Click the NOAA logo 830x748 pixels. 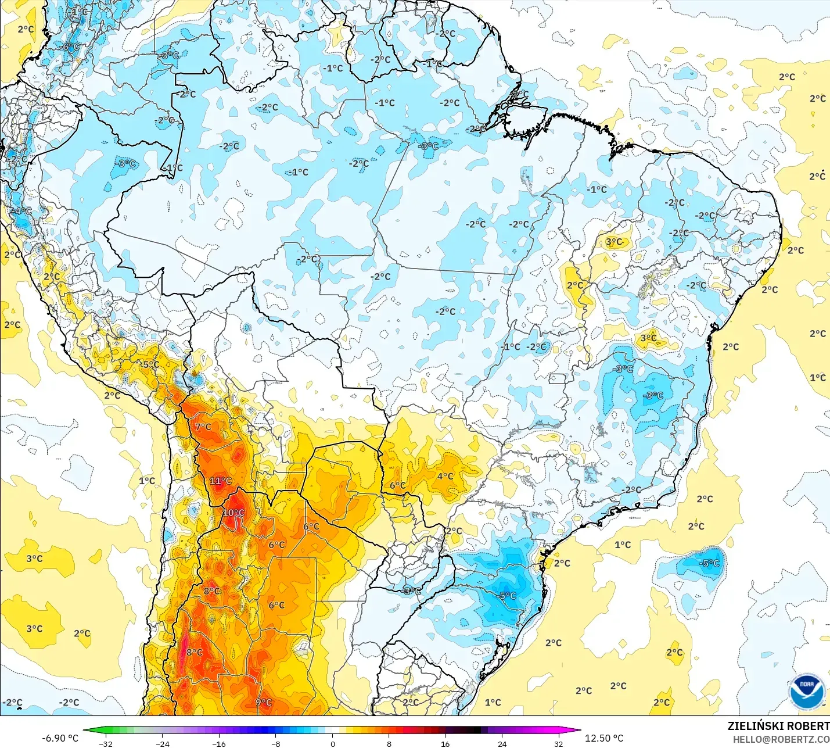tap(807, 692)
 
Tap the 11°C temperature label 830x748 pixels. tap(220, 481)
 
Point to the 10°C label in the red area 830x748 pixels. tap(233, 513)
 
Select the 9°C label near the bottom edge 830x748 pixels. tap(264, 702)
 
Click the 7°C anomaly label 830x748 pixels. tap(203, 427)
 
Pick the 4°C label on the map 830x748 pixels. tap(445, 476)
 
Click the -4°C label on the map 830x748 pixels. tap(21, 211)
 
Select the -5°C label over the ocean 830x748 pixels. tap(709, 563)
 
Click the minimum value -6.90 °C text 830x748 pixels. tap(60, 738)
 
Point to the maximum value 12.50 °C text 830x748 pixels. tap(604, 738)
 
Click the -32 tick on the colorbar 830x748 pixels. tap(106, 743)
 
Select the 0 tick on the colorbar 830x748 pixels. tap(333, 743)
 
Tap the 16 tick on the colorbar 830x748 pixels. tap(445, 743)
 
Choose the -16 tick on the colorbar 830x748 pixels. tap(219, 743)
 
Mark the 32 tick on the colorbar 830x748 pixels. tap(558, 743)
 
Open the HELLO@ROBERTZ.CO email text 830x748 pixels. tap(781, 739)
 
